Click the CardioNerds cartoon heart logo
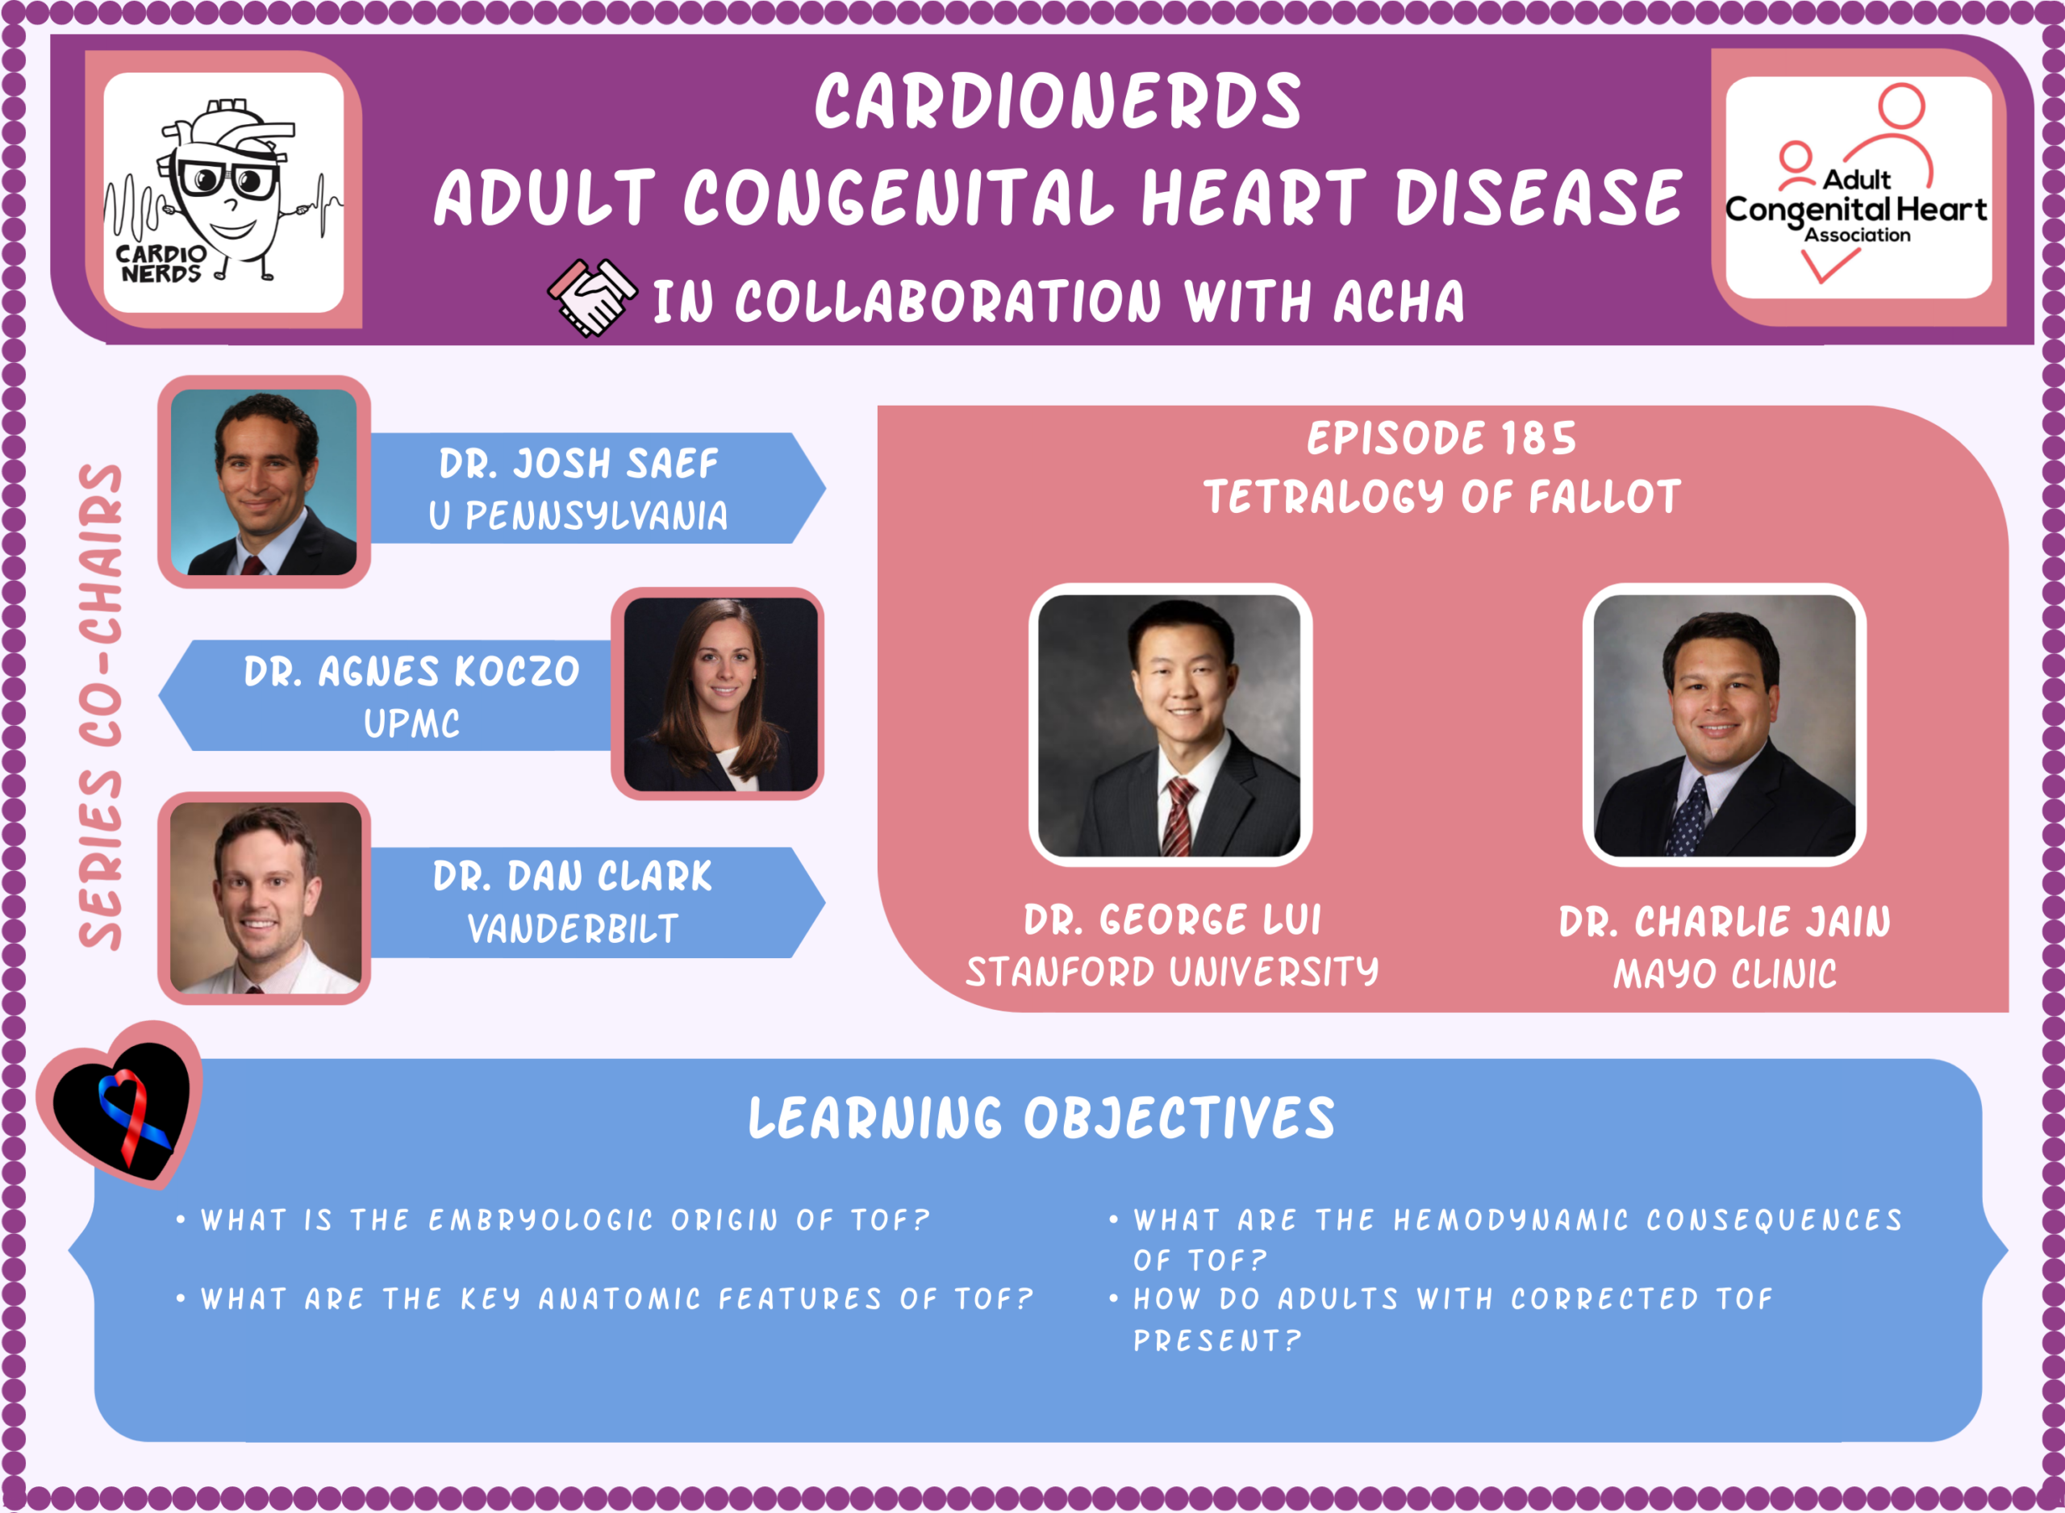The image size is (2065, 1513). pyautogui.click(x=223, y=192)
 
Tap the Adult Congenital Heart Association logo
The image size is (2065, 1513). pyautogui.click(x=1858, y=188)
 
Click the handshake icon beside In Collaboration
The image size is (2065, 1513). pyautogui.click(x=591, y=298)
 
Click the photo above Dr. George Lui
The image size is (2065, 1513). pyautogui.click(x=1170, y=725)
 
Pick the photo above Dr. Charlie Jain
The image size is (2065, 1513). pyautogui.click(x=1725, y=725)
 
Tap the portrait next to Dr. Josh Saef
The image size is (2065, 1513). pyautogui.click(x=264, y=482)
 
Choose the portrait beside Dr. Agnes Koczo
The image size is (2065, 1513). pyautogui.click(x=720, y=694)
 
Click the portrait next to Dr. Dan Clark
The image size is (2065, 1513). pyautogui.click(x=265, y=898)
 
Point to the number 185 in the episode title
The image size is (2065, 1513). pyautogui.click(x=1538, y=439)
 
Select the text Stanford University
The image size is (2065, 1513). pyautogui.click(x=1172, y=972)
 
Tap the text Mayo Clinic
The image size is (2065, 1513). pyautogui.click(x=1725, y=973)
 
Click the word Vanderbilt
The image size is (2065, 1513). pyautogui.click(x=574, y=928)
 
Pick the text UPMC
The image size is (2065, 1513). pyautogui.click(x=412, y=723)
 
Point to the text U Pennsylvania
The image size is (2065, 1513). pyautogui.click(x=578, y=515)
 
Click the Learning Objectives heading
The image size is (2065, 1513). pyautogui.click(x=1042, y=1119)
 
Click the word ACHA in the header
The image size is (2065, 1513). pyautogui.click(x=1399, y=302)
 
